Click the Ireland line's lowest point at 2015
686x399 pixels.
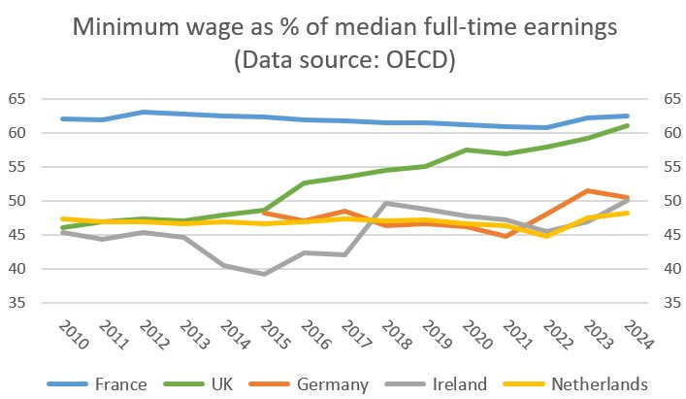pyautogui.click(x=264, y=274)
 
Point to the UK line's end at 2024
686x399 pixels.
pyautogui.click(x=626, y=125)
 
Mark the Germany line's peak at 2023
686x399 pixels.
pyautogui.click(x=586, y=190)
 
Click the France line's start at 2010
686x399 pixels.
pyautogui.click(x=63, y=118)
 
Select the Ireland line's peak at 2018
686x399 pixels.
pyautogui.click(x=385, y=203)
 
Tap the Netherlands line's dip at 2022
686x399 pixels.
pyautogui.click(x=545, y=236)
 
